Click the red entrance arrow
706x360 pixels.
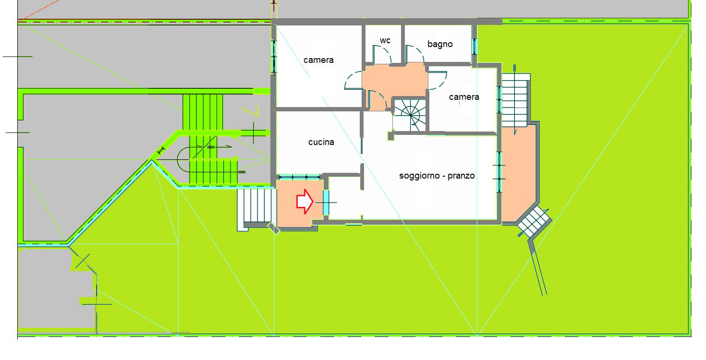click(x=304, y=201)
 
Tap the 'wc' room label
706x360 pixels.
click(x=385, y=40)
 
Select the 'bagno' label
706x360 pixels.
click(x=440, y=44)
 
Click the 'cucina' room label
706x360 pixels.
click(x=321, y=142)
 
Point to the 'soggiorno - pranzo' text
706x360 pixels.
click(x=437, y=175)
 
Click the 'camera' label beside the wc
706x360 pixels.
click(x=318, y=60)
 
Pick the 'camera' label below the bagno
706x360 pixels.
click(x=464, y=96)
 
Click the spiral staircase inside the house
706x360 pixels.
click(x=410, y=115)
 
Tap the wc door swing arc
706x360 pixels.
click(x=382, y=54)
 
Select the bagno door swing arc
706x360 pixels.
click(x=415, y=54)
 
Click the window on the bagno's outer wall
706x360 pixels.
click(x=475, y=46)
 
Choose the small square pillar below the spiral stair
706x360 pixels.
click(x=391, y=136)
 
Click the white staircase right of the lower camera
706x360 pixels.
click(x=514, y=100)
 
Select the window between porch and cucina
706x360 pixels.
click(x=299, y=177)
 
